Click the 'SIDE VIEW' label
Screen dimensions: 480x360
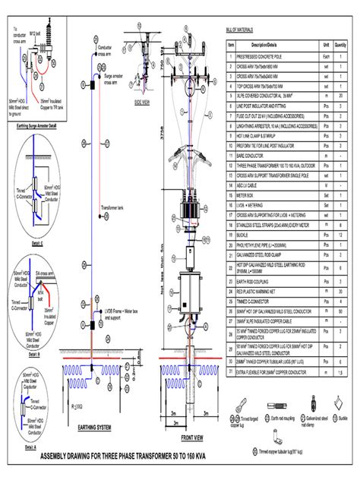(x=143, y=100)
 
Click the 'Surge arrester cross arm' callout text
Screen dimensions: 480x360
(x=114, y=80)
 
